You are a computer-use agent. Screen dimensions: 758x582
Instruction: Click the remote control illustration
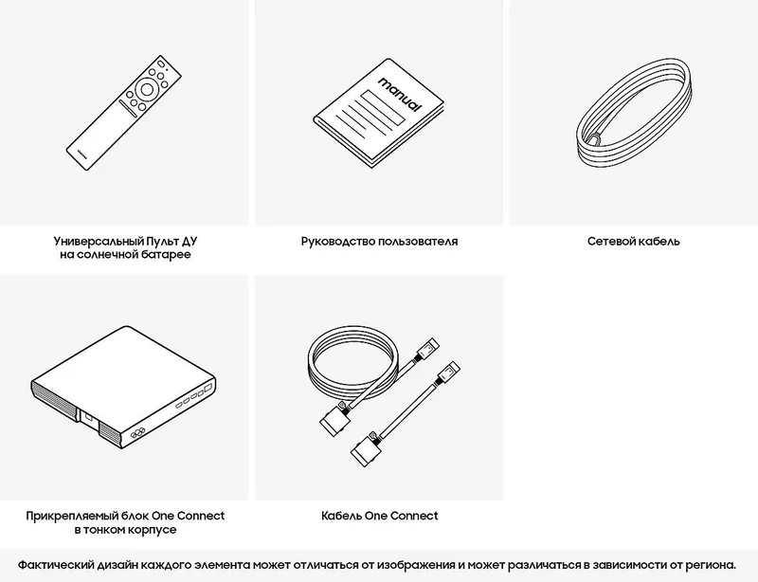[124, 113]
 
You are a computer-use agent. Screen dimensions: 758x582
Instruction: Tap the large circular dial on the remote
[147, 90]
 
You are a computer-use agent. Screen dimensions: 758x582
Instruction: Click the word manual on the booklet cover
[400, 94]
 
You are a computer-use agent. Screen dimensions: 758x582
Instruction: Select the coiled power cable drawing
[634, 113]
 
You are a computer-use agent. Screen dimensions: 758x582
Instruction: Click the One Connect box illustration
[123, 387]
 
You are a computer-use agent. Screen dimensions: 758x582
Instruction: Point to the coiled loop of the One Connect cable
[353, 362]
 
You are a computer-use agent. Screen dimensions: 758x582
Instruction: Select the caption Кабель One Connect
[380, 516]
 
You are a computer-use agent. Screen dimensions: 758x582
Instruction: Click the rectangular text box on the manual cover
[384, 108]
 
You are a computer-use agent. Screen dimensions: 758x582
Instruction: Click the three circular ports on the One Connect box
[137, 433]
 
